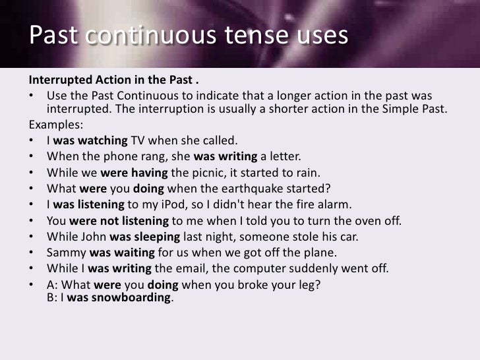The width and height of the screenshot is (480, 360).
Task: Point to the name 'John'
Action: [x=93, y=236]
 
